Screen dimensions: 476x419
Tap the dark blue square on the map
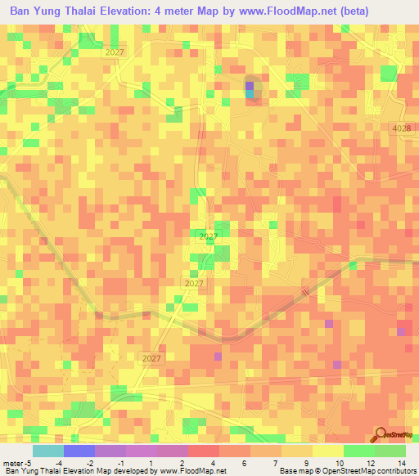(x=250, y=85)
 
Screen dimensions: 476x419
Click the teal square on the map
(x=250, y=94)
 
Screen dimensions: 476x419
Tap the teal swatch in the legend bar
(x=47, y=451)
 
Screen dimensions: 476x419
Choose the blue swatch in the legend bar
(x=79, y=451)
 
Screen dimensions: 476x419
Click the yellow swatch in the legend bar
(x=327, y=451)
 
